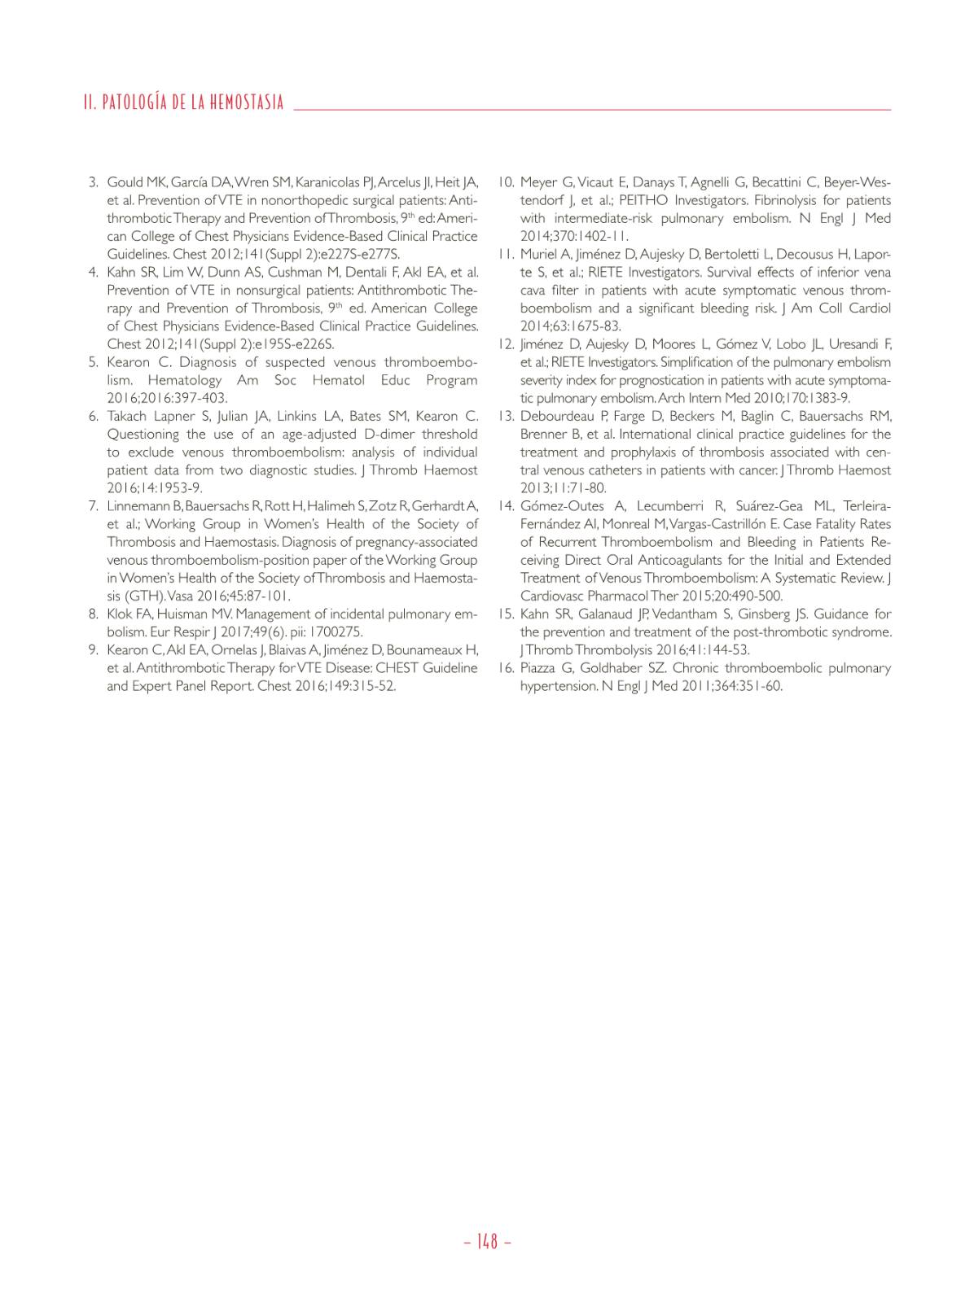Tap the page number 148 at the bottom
point(487,1242)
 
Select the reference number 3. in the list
point(94,182)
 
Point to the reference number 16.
point(506,668)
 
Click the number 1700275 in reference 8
point(335,632)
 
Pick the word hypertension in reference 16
point(558,686)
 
